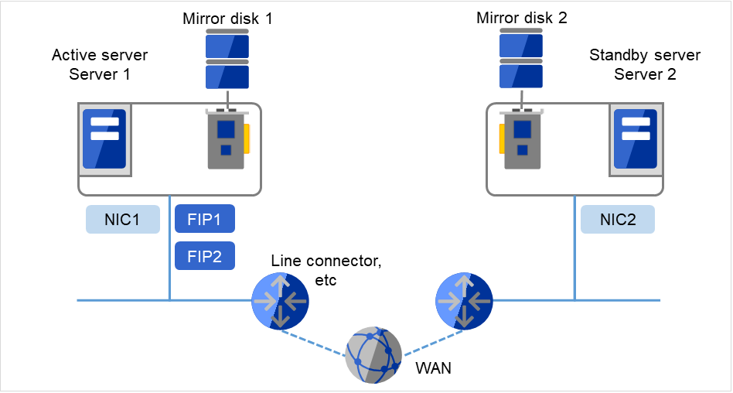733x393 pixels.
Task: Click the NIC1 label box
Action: click(x=122, y=220)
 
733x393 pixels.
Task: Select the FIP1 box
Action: click(x=205, y=219)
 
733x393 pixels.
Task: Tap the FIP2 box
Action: click(x=205, y=256)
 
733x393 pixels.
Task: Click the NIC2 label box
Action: click(x=618, y=220)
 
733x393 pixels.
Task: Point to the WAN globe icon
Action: click(x=374, y=355)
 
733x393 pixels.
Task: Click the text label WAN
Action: click(x=433, y=369)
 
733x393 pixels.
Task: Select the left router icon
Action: click(x=281, y=300)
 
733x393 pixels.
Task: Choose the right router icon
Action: click(x=465, y=300)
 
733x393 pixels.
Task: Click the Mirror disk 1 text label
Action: click(x=227, y=18)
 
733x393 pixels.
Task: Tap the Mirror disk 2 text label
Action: click(x=522, y=18)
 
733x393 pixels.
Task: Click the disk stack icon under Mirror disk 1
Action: click(x=227, y=61)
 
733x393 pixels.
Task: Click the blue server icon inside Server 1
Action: click(x=104, y=139)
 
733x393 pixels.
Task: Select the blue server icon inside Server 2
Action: click(x=635, y=139)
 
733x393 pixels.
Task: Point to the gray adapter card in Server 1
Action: click(x=226, y=139)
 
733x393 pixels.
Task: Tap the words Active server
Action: click(x=100, y=56)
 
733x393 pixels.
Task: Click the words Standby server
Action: click(x=645, y=56)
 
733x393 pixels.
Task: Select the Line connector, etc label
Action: click(x=326, y=269)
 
